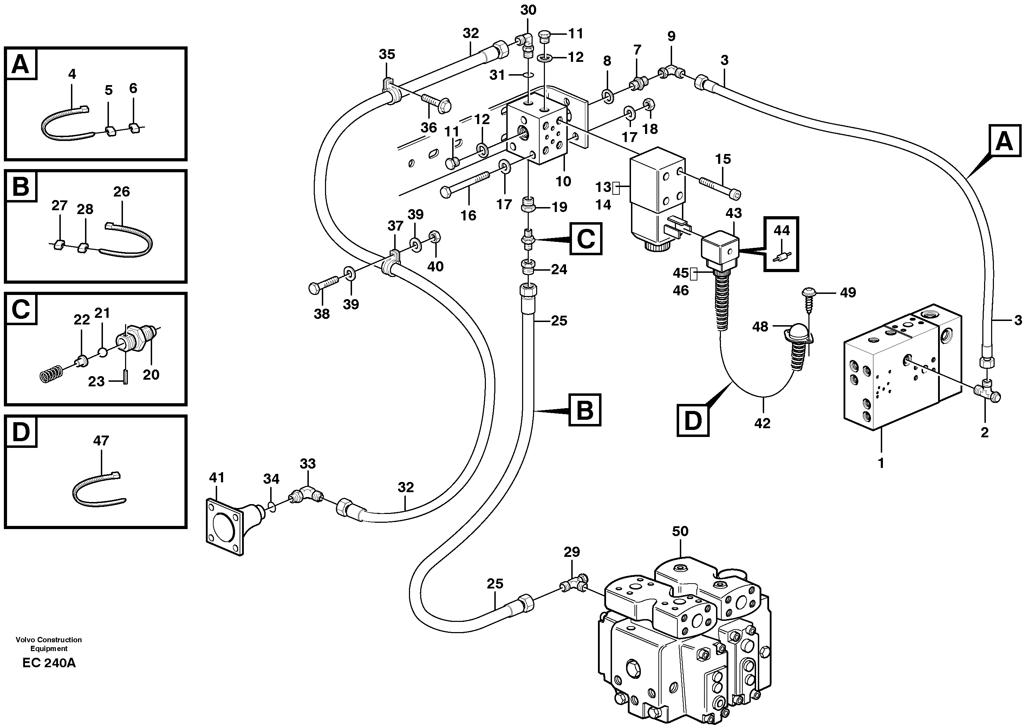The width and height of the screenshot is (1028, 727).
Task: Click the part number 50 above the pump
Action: tap(680, 531)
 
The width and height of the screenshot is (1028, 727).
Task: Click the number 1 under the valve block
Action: tap(881, 463)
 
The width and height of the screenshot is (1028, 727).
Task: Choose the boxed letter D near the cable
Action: tap(692, 420)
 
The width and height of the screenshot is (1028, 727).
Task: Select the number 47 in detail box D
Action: tap(101, 440)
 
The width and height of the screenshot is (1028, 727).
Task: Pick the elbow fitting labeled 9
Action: tap(670, 71)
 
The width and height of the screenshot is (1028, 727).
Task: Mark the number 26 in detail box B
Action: tap(121, 192)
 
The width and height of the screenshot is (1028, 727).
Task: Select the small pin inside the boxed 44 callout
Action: tap(782, 258)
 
